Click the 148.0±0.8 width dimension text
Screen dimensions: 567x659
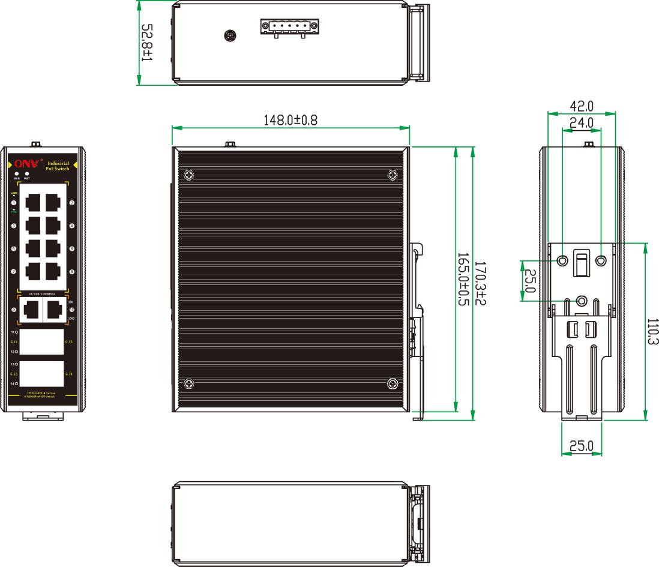click(290, 120)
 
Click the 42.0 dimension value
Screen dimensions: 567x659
click(581, 106)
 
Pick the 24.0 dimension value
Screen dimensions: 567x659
click(581, 122)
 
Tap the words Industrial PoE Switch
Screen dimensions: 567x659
click(58, 166)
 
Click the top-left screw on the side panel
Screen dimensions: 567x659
click(189, 175)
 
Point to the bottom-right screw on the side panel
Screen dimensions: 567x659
click(393, 384)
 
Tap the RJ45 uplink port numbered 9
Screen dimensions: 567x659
click(31, 310)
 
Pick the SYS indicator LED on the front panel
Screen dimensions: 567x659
click(17, 174)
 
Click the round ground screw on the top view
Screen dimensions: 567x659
click(229, 36)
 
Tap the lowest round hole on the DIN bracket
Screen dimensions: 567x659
click(581, 301)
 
